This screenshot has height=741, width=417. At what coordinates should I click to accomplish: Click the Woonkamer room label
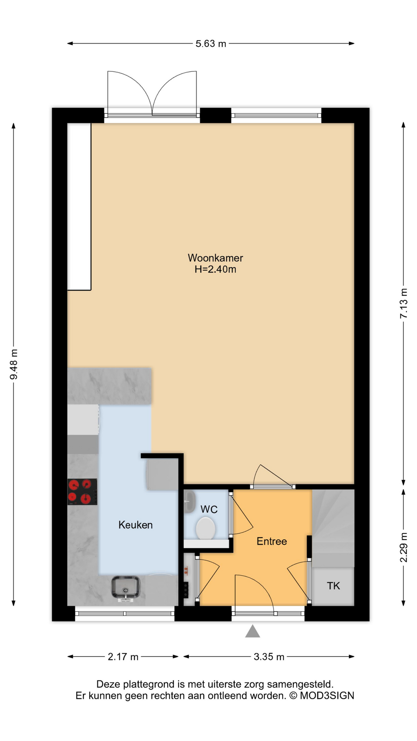215,258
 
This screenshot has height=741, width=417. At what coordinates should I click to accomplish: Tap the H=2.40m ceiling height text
215,269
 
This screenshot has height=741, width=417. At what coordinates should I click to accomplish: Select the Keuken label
136,525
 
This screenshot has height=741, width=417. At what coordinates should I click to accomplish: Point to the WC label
209,509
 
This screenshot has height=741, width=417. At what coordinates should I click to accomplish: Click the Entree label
272,541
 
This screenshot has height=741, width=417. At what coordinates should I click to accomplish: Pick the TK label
333,586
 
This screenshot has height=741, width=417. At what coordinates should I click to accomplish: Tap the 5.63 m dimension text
211,44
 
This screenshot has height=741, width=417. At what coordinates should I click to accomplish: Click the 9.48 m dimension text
14,364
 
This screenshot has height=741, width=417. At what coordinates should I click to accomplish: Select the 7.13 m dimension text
403,303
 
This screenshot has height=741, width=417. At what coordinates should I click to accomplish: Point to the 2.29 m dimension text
403,547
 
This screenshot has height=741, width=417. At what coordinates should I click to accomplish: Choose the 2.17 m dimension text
123,657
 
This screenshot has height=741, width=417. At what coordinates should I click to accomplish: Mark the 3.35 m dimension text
269,657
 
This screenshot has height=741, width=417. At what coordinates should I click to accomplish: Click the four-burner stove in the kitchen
82,492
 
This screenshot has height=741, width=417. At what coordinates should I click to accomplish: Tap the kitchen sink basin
126,587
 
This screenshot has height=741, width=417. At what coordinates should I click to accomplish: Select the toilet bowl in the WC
205,528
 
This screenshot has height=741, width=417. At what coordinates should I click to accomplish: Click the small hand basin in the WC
189,501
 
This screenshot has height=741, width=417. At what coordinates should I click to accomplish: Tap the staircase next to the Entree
333,528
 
